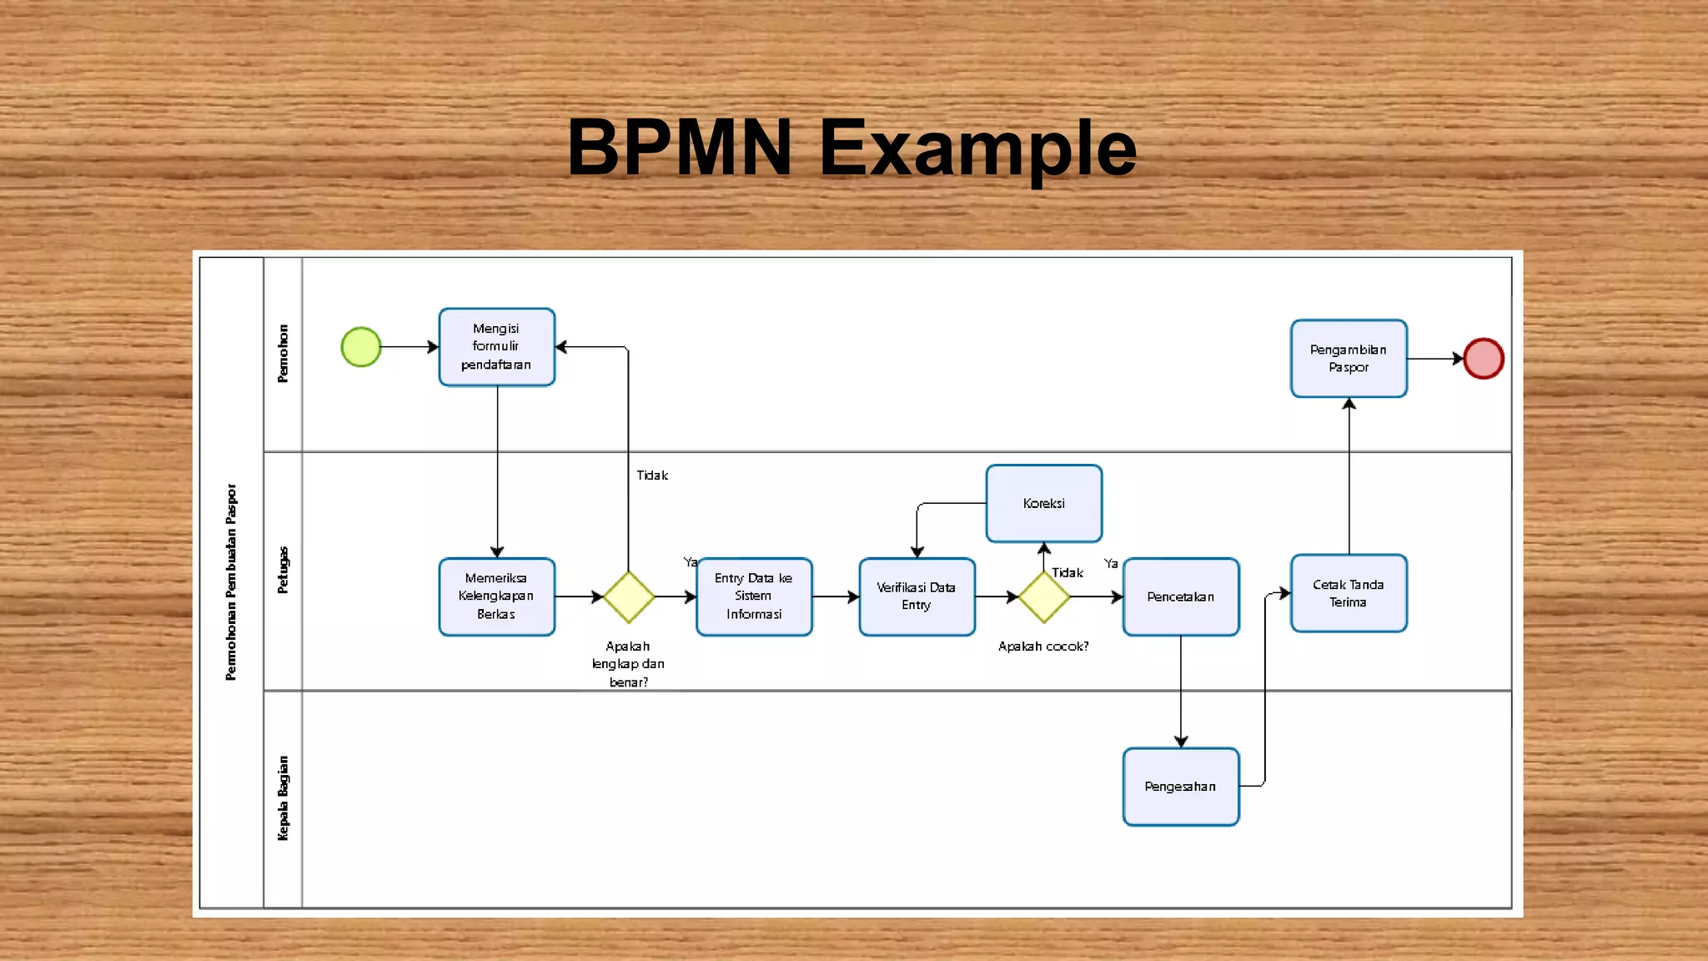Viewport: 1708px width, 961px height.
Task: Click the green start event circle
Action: pos(361,347)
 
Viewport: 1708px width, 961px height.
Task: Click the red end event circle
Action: pos(1484,359)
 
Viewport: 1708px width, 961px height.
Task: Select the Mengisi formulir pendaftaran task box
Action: pos(497,347)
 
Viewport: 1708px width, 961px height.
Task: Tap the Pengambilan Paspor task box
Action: pos(1349,359)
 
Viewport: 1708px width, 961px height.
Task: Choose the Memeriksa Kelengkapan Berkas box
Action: pos(497,596)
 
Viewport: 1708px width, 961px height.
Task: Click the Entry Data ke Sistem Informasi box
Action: pos(754,596)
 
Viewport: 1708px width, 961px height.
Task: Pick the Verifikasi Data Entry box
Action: pos(917,596)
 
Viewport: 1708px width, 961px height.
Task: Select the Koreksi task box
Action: pos(1044,504)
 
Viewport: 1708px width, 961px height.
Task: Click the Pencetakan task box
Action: pos(1181,596)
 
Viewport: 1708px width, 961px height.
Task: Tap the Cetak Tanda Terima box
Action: pos(1349,593)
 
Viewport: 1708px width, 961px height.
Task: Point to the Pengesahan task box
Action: pos(1181,787)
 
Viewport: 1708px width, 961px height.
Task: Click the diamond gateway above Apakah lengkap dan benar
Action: pos(629,597)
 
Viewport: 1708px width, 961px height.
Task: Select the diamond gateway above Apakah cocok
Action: pos(1044,597)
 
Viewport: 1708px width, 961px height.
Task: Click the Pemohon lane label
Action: pos(284,354)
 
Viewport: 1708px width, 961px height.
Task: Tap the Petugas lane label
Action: pos(284,571)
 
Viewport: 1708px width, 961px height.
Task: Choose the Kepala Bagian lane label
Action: pos(284,798)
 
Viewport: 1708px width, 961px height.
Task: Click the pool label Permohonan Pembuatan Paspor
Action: pos(231,582)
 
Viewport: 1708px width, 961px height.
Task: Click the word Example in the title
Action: pos(977,148)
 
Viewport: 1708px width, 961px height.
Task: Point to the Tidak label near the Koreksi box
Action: pos(1067,572)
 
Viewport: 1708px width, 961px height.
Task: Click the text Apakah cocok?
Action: pos(1043,647)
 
